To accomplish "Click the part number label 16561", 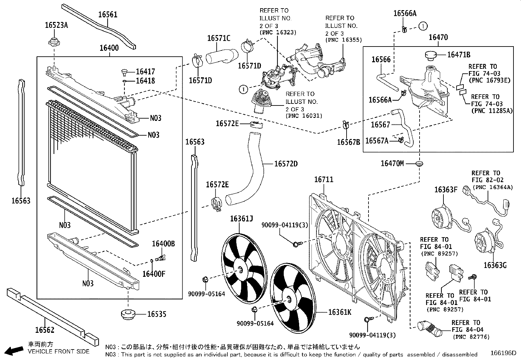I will (108, 14).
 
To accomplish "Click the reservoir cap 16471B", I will (432, 55).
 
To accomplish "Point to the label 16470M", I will (392, 163).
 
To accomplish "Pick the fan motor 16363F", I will (440, 218).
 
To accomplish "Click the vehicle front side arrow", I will (15, 351).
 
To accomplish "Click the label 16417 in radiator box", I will (145, 71).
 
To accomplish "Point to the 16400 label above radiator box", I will (109, 48).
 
